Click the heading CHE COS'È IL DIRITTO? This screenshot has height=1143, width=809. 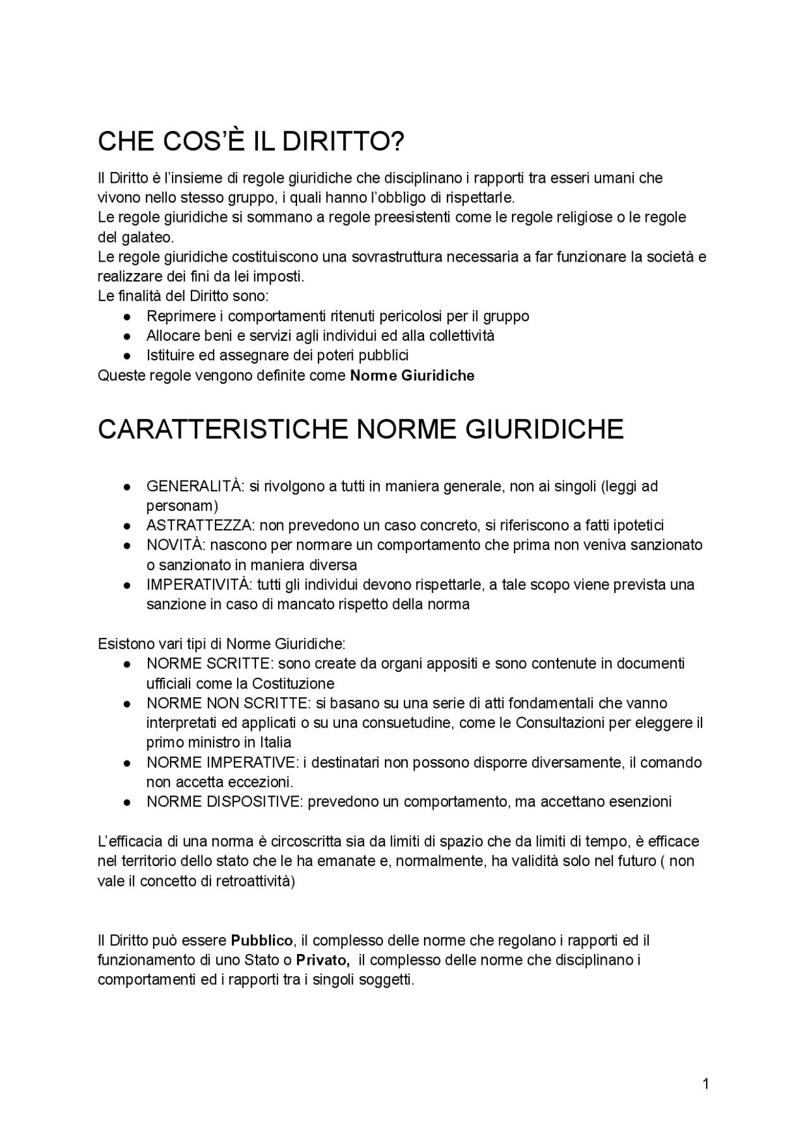pyautogui.click(x=250, y=142)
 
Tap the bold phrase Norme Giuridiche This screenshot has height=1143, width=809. pyautogui.click(x=412, y=376)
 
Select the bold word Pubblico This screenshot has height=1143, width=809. pyautogui.click(x=262, y=940)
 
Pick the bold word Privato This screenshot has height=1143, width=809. pyautogui.click(x=323, y=960)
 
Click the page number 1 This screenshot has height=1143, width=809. pyautogui.click(x=705, y=1084)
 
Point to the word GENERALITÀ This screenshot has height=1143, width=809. pyautogui.click(x=194, y=486)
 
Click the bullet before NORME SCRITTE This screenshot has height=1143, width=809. pyautogui.click(x=127, y=664)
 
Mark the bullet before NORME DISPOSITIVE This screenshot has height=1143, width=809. pyautogui.click(x=127, y=802)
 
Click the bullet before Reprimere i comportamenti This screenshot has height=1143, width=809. pyautogui.click(x=127, y=316)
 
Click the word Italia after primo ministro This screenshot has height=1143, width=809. pyautogui.click(x=276, y=742)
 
